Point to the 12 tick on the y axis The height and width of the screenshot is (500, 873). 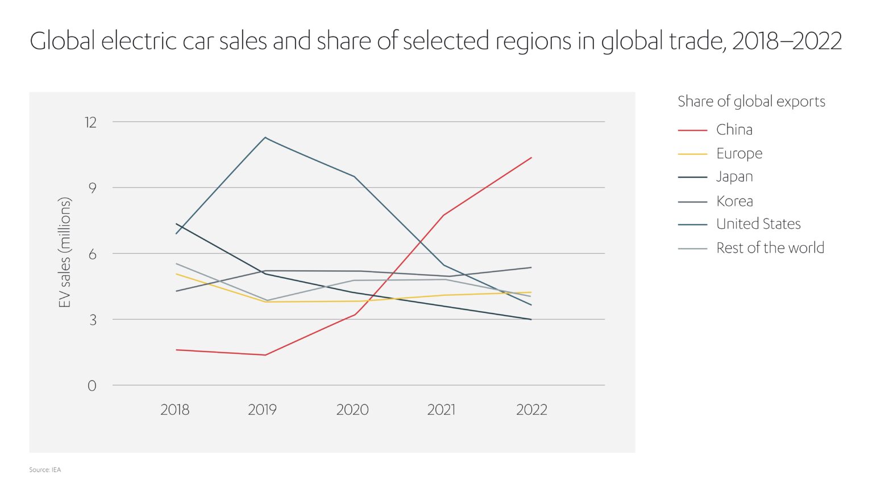tap(91, 122)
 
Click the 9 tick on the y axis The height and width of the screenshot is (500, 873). tap(92, 188)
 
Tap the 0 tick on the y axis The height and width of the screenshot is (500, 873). tap(92, 386)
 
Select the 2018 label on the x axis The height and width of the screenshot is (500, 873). tap(175, 410)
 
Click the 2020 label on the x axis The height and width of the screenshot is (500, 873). tap(352, 410)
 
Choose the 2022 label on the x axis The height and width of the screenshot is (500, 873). tap(531, 410)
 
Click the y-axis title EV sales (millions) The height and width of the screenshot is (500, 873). tap(65, 253)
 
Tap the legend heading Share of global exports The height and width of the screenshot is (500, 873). tap(751, 102)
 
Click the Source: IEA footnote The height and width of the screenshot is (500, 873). tap(45, 470)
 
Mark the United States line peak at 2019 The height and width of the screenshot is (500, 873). tap(265, 138)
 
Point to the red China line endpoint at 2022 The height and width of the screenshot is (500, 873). tap(531, 158)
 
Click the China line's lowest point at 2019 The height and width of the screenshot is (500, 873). tap(265, 355)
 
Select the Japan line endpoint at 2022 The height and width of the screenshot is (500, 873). tap(531, 320)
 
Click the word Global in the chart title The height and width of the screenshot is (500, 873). tap(63, 41)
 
